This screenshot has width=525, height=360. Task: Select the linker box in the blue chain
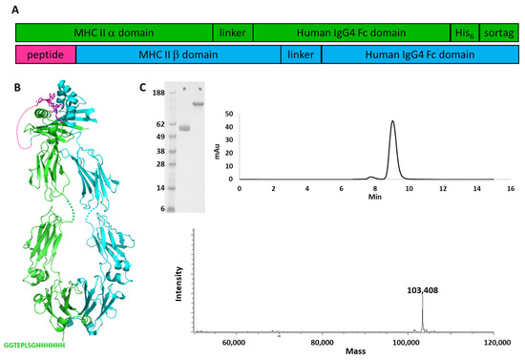point(301,55)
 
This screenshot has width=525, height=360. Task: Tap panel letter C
point(142,87)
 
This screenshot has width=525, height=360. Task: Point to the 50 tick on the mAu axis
point(228,113)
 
